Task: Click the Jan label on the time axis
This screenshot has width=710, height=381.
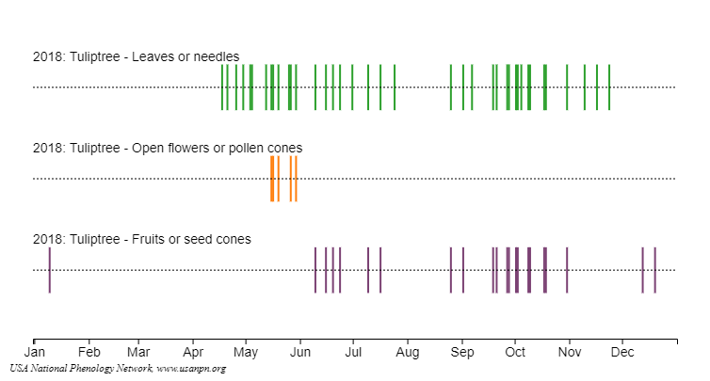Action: [x=34, y=353]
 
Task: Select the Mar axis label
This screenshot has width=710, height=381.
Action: [x=138, y=353]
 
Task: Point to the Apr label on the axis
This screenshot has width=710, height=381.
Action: [x=193, y=353]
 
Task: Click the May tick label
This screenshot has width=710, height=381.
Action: [x=246, y=353]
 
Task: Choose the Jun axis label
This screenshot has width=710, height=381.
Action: [x=300, y=353]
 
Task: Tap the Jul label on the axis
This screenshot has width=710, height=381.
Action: [x=353, y=353]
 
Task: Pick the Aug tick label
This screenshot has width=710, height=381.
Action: [x=408, y=353]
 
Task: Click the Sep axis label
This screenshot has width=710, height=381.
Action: [x=462, y=353]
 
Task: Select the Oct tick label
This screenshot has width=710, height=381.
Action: [x=515, y=353]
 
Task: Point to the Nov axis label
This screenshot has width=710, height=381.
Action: [x=570, y=353]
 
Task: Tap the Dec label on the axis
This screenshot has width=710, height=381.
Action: [x=622, y=353]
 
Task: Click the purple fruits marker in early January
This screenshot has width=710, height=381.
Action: [x=49, y=270]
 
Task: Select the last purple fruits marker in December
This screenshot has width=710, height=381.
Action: [x=654, y=270]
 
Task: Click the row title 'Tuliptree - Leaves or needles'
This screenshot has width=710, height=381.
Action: [x=136, y=56]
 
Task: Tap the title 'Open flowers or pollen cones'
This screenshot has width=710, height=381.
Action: [x=167, y=148]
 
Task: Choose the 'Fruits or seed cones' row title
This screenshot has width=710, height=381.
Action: [x=141, y=239]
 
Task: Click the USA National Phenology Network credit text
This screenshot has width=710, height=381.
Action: [x=118, y=368]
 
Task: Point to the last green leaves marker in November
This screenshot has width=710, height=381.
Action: [x=609, y=87]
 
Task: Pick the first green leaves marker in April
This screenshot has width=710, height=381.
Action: [x=222, y=87]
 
